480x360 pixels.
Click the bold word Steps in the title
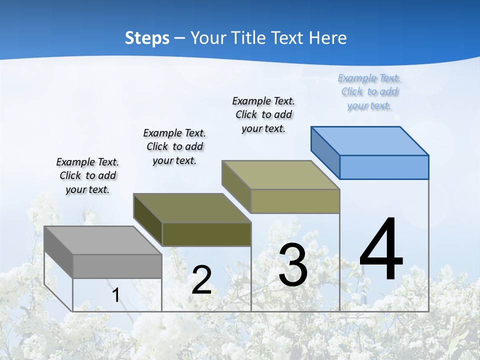(x=147, y=38)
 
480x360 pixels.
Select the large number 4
(x=381, y=250)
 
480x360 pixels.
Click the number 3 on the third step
(x=293, y=265)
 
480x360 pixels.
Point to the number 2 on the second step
(x=201, y=280)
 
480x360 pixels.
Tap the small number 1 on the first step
(x=115, y=295)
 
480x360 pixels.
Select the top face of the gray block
(x=102, y=240)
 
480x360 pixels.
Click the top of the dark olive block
(x=192, y=207)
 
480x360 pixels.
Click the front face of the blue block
(x=384, y=167)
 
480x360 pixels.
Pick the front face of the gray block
(x=117, y=266)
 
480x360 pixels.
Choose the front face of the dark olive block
(x=206, y=234)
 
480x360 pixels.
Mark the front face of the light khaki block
(x=295, y=201)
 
